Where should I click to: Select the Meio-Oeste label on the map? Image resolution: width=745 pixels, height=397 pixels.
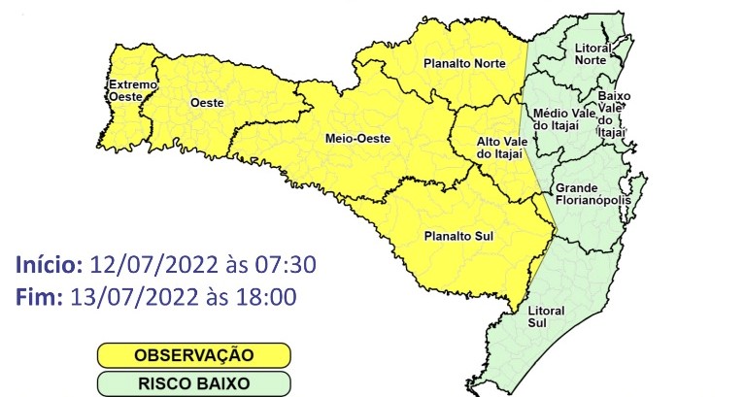pos(357,139)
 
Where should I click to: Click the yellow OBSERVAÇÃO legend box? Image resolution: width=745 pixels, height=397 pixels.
pos(194,354)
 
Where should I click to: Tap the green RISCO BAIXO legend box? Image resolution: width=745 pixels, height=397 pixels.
pos(194,382)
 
